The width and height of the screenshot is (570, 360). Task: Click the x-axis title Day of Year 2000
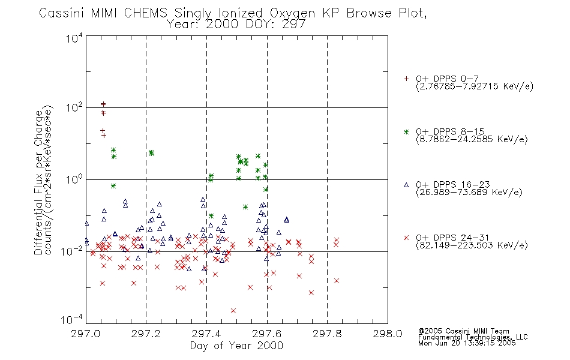point(236,346)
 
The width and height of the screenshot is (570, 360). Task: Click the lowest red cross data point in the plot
point(233,311)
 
